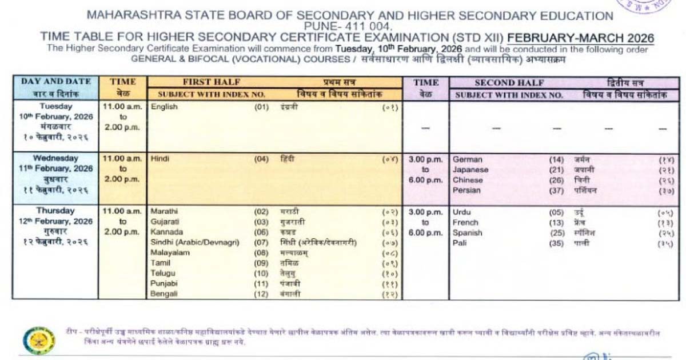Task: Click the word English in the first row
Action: pyautogui.click(x=164, y=107)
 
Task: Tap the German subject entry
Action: pyautogui.click(x=467, y=159)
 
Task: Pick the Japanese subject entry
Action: pyautogui.click(x=470, y=170)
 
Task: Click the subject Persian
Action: pyautogui.click(x=466, y=190)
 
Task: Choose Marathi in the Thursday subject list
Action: pyautogui.click(x=163, y=211)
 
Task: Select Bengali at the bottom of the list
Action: pyautogui.click(x=164, y=294)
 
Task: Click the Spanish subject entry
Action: pyautogui.click(x=468, y=233)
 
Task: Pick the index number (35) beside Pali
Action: pyautogui.click(x=556, y=243)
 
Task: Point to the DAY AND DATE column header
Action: pyautogui.click(x=55, y=82)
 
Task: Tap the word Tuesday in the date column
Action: pyautogui.click(x=55, y=106)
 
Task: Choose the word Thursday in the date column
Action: pyautogui.click(x=55, y=211)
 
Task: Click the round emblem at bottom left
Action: pyautogui.click(x=39, y=341)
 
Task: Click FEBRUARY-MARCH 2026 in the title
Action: pyautogui.click(x=581, y=38)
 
